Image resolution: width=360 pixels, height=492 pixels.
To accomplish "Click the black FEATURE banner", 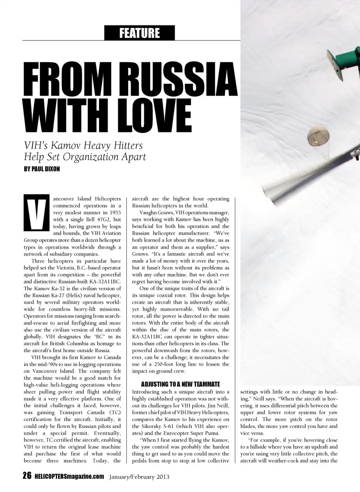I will (x=139, y=33).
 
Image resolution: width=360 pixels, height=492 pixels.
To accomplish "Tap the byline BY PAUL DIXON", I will (x=42, y=169).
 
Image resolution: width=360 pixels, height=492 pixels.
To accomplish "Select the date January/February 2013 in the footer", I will (x=139, y=477).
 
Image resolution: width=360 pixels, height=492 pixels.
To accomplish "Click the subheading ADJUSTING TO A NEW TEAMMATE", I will (x=180, y=384).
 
